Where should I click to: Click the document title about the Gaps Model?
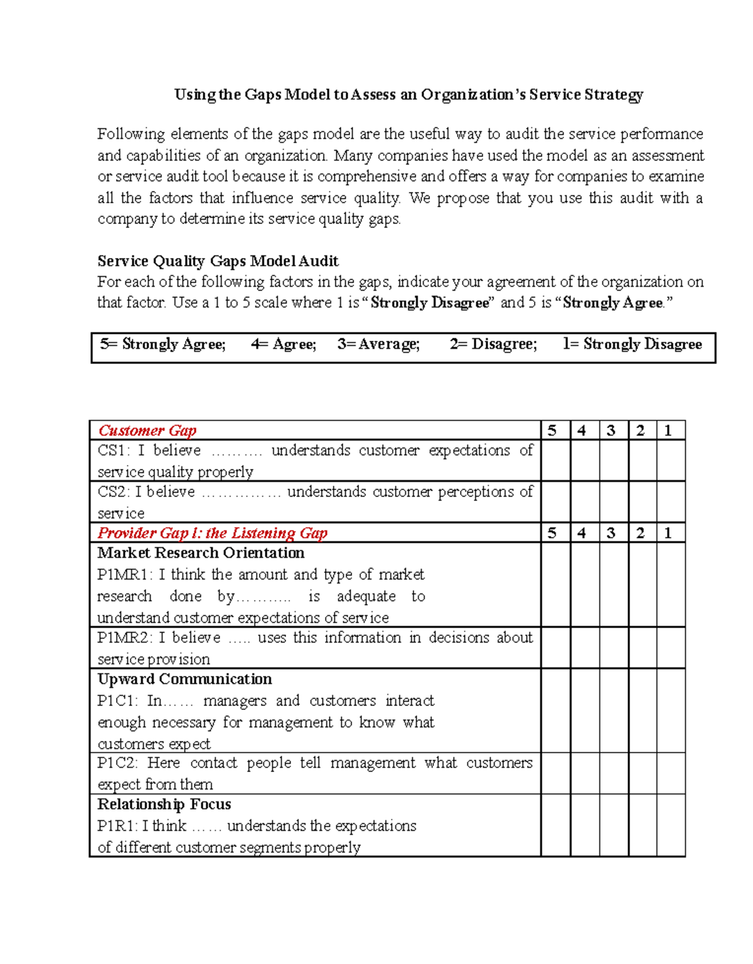(409, 95)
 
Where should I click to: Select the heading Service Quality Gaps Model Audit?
(218, 261)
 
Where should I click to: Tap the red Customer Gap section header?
(147, 431)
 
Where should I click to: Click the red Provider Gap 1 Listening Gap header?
(212, 533)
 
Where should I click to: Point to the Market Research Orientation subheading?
(201, 553)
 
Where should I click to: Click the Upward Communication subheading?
(184, 679)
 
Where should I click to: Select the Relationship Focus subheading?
(164, 804)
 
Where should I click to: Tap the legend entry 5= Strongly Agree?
(163, 344)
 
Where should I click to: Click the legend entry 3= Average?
(378, 344)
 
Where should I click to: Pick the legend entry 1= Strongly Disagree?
(632, 344)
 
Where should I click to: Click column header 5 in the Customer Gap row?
(552, 431)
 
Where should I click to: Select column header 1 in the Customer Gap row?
(668, 431)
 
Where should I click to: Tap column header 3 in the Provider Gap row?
(611, 533)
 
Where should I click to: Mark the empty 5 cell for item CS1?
(555, 461)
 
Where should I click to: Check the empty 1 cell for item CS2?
(671, 501)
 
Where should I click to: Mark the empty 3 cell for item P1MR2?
(614, 648)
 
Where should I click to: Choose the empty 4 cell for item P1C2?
(585, 773)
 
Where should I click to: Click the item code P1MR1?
(125, 575)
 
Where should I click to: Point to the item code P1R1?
(117, 826)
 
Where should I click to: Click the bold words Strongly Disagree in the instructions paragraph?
(430, 303)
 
